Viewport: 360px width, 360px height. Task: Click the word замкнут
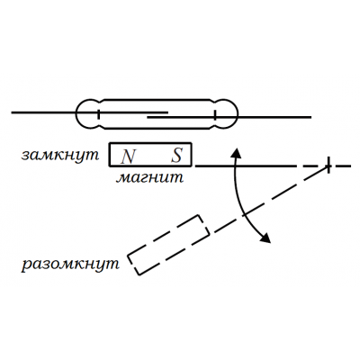(x=60, y=155)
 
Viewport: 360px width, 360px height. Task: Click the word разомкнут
(x=70, y=265)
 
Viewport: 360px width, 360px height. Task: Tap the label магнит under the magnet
(x=149, y=177)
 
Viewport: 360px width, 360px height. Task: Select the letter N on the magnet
(x=128, y=157)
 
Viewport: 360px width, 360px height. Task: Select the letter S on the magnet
(x=176, y=156)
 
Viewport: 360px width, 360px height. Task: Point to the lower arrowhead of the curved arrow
(x=265, y=238)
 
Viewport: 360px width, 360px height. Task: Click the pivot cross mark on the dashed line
(x=328, y=165)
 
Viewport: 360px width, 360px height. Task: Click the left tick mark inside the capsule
(x=98, y=114)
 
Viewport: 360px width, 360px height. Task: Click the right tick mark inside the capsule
(x=215, y=115)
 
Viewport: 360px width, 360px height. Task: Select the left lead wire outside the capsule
(x=44, y=112)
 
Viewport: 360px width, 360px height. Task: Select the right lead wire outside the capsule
(x=274, y=117)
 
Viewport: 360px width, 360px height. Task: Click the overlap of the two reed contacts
(x=157, y=115)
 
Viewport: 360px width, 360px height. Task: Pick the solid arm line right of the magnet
(x=245, y=166)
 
